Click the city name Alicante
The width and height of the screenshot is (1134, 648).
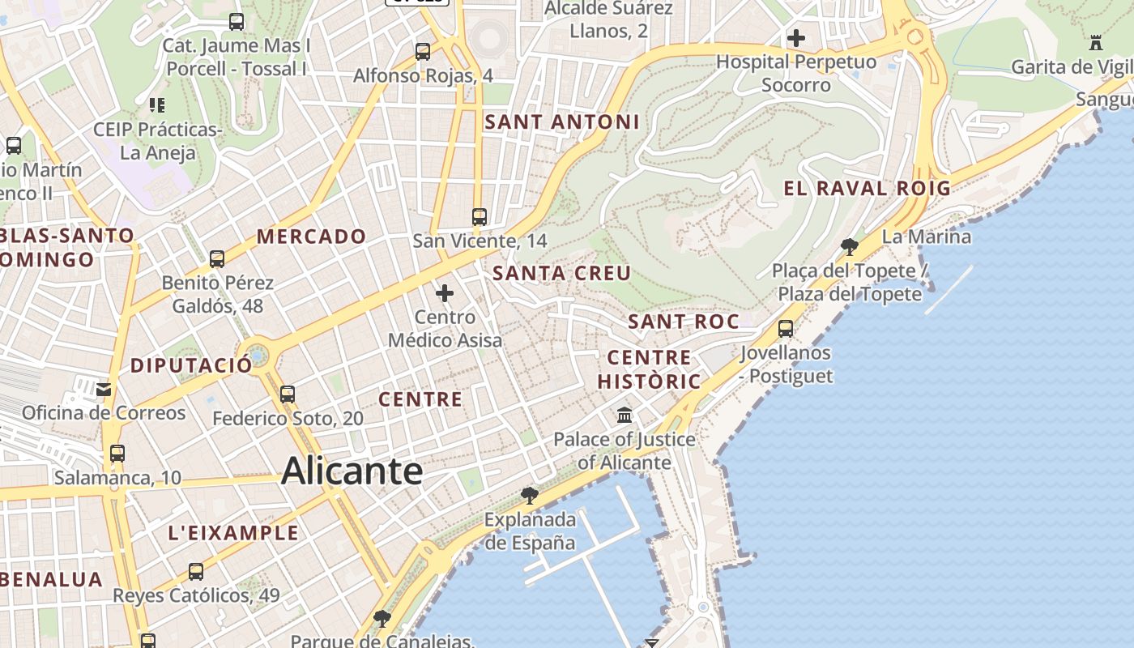(352, 471)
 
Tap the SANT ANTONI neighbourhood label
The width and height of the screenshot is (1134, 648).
(562, 122)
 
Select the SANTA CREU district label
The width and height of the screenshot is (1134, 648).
(561, 274)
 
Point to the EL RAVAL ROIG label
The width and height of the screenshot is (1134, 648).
(867, 189)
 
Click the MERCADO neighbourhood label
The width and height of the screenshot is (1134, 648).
(312, 237)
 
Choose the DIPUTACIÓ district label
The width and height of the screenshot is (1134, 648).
(191, 365)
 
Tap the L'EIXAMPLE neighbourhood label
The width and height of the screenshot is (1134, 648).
(233, 533)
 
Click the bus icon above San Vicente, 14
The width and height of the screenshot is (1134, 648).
(480, 217)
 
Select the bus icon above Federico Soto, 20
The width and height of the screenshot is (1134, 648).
(288, 394)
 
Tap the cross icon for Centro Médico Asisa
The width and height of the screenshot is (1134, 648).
(445, 293)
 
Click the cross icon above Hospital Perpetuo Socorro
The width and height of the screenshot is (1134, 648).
(796, 38)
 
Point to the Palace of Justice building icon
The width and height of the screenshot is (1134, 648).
(625, 416)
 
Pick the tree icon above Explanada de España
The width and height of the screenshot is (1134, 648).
(530, 494)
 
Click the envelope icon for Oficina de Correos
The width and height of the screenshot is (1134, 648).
(104, 390)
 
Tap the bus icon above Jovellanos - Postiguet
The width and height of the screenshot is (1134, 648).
(785, 329)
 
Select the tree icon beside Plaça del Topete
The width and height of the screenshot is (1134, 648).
(850, 246)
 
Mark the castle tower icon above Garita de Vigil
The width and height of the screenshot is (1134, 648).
(1097, 42)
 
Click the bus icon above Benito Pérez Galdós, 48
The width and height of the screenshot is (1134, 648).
(217, 259)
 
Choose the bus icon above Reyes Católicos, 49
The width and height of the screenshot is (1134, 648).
(196, 572)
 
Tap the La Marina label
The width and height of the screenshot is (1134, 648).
(926, 237)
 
